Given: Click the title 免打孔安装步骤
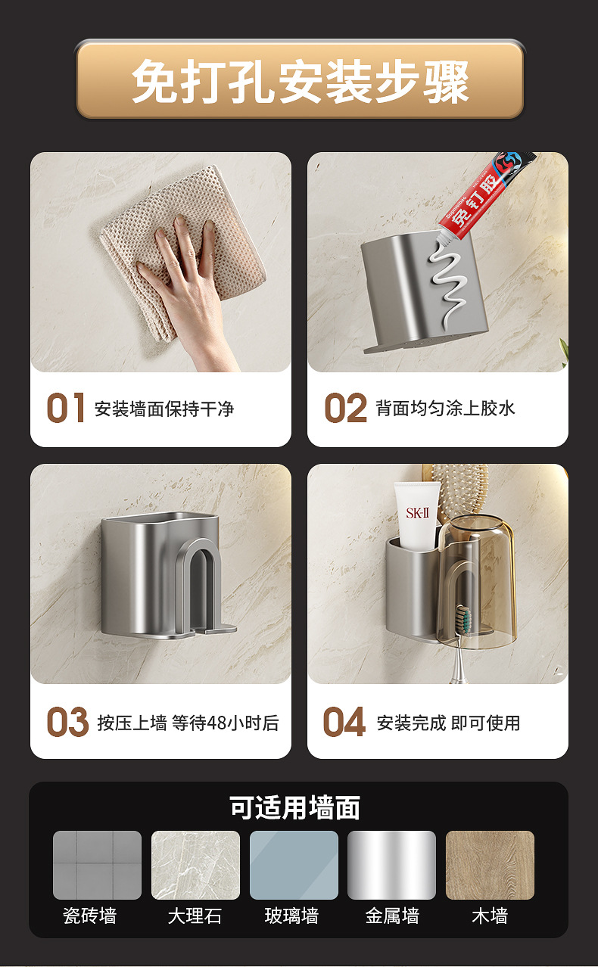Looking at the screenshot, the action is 300,81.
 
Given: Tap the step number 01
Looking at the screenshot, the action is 66,408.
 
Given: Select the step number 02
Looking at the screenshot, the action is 345,408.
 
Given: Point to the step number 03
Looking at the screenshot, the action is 67,721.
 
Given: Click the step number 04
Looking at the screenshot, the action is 344,721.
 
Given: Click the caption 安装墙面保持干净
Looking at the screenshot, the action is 164,409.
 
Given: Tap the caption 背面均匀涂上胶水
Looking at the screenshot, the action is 445,408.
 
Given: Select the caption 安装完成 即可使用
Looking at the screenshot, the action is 448,723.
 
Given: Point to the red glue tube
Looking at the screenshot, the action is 486,194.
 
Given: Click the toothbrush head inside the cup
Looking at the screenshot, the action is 464,620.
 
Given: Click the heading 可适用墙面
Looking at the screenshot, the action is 295,807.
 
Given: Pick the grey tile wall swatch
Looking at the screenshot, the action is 97,865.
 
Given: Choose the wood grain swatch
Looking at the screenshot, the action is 490,865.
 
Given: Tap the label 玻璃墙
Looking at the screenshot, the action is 292,916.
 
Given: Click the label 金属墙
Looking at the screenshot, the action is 392,916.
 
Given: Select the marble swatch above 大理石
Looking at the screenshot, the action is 195,865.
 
